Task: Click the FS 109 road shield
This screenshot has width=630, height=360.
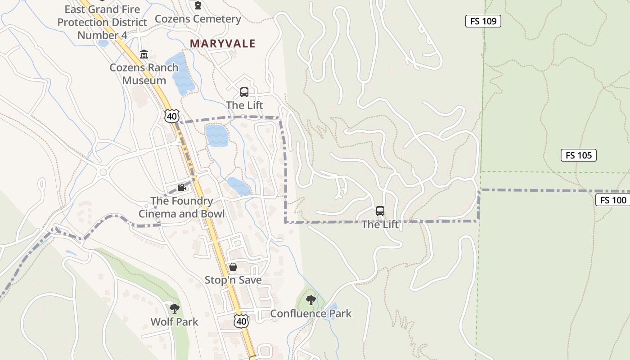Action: pos(483,21)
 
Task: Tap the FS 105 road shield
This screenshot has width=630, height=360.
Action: pos(578,155)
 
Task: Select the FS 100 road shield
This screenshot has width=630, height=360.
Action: pos(613,200)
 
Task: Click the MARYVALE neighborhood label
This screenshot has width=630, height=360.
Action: pos(222,44)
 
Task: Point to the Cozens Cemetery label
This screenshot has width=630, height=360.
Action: pos(198,19)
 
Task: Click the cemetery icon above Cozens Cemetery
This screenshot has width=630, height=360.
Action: pos(198,5)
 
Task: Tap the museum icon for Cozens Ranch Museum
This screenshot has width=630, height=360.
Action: pos(144,54)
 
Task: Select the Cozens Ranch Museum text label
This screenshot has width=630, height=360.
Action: pos(144,74)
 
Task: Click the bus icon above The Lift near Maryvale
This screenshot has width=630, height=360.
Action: pos(244,92)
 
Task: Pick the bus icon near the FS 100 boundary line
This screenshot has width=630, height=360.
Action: pos(380,211)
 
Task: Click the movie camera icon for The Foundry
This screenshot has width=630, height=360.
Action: pos(181,188)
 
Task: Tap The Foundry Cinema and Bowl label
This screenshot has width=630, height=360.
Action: pos(181,207)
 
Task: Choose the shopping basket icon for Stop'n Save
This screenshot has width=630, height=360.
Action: pos(233,267)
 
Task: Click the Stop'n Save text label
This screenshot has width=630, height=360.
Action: pos(233,280)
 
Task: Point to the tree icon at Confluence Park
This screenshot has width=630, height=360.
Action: pos(310,300)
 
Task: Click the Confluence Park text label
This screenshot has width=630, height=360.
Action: pos(310,314)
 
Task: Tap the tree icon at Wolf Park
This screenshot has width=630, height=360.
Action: pos(175,308)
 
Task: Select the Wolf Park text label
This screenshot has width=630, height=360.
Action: pos(175,322)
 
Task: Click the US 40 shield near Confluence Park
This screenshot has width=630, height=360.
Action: pos(242,321)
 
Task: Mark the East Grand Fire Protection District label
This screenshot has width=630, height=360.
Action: pos(102,22)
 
